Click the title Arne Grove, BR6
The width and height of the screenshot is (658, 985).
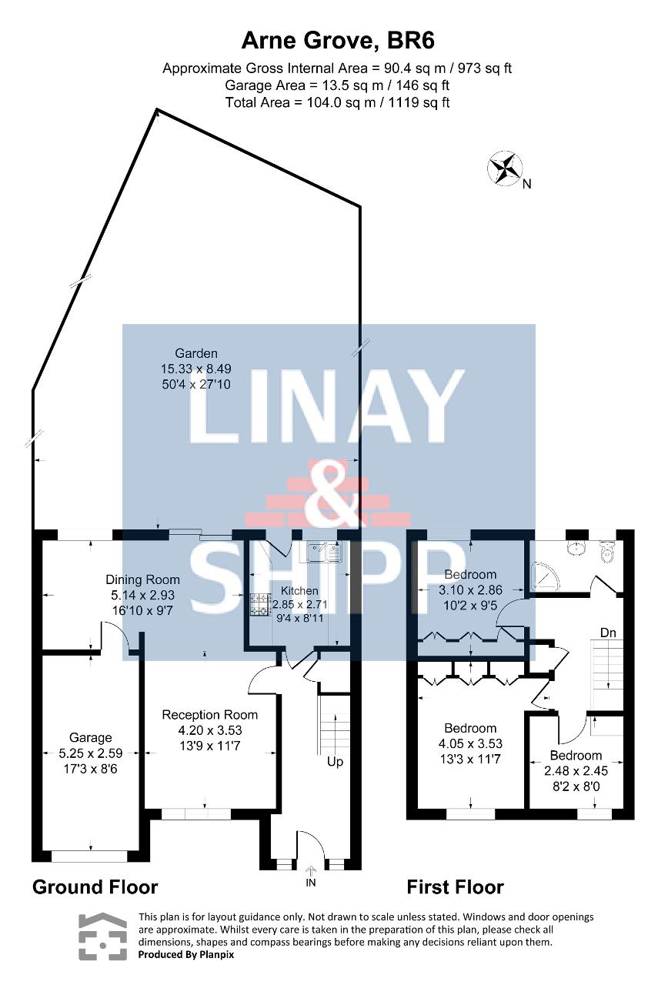338,42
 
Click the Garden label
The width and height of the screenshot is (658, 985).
196,353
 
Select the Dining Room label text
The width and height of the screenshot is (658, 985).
142,579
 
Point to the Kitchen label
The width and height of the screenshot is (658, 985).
299,590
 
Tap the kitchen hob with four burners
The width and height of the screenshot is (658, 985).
261,604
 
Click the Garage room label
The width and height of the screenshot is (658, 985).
91,737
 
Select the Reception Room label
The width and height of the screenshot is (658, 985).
210,715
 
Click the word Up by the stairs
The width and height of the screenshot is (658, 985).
335,762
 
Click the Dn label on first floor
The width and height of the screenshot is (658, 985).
608,633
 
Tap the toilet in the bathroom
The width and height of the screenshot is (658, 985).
608,552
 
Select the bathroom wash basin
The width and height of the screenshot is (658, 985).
576,549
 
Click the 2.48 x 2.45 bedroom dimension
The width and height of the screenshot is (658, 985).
576,770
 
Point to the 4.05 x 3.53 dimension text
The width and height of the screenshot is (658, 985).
470,743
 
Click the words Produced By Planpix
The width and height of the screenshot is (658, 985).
186,967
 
